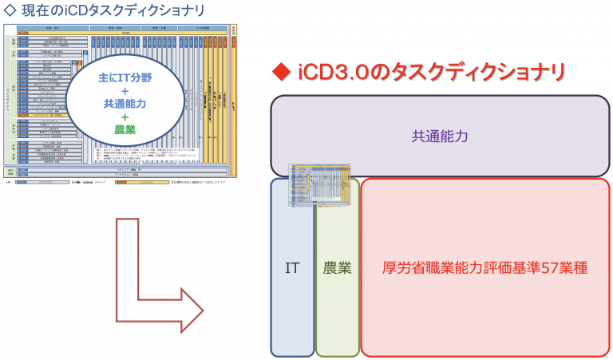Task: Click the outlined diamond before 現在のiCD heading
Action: pyautogui.click(x=10, y=11)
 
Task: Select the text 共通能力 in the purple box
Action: pyautogui.click(x=440, y=136)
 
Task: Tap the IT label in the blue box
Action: pyautogui.click(x=292, y=268)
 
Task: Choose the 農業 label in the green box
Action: pyautogui.click(x=338, y=268)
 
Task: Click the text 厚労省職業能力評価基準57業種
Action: pyautogui.click(x=484, y=268)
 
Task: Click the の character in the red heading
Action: pyautogui.click(x=392, y=73)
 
